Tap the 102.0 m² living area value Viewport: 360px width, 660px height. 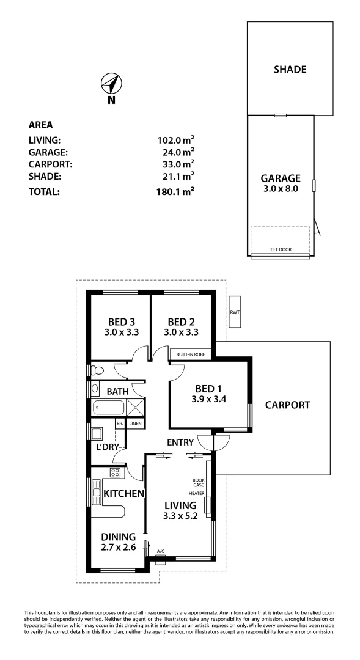[175, 140]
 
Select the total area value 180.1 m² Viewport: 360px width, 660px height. [175, 191]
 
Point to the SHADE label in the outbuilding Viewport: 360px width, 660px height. [290, 69]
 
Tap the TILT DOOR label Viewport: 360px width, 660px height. [281, 249]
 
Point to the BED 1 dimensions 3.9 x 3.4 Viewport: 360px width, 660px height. [208, 400]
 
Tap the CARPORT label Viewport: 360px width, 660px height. [287, 405]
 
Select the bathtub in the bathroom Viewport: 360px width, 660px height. [108, 408]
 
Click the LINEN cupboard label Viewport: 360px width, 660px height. [135, 423]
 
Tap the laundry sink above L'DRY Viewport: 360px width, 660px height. [97, 433]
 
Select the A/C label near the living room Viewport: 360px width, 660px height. [161, 551]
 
